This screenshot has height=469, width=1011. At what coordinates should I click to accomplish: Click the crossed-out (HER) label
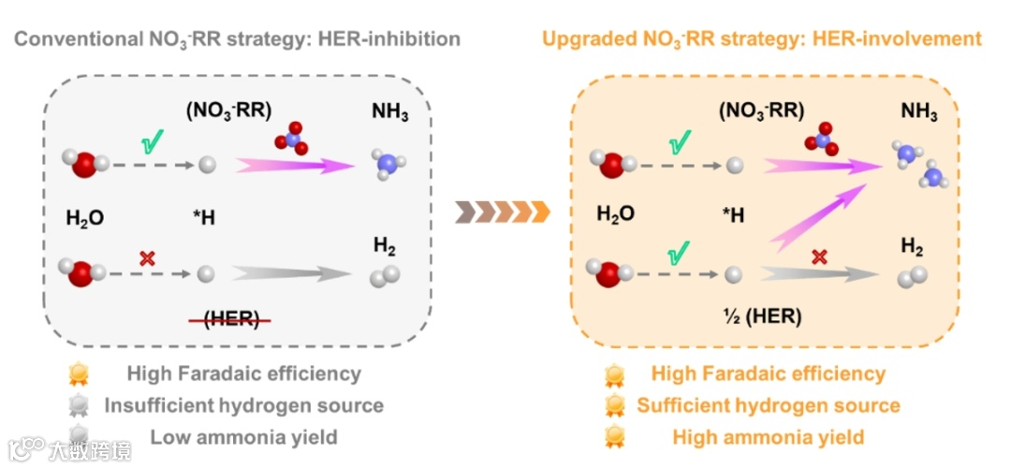pos(230,318)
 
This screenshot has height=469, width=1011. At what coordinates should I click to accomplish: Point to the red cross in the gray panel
pos(147,258)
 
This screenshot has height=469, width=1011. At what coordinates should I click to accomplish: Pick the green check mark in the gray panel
pos(151,145)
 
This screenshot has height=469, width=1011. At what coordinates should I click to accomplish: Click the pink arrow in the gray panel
pos(295,165)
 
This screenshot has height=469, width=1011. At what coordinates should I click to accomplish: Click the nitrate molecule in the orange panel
pos(821,139)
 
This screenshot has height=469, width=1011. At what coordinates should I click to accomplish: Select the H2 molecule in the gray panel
pos(384,276)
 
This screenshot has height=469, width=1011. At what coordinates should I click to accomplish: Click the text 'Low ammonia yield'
pos(243,437)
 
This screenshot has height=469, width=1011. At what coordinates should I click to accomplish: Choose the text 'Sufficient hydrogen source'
pos(769,405)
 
